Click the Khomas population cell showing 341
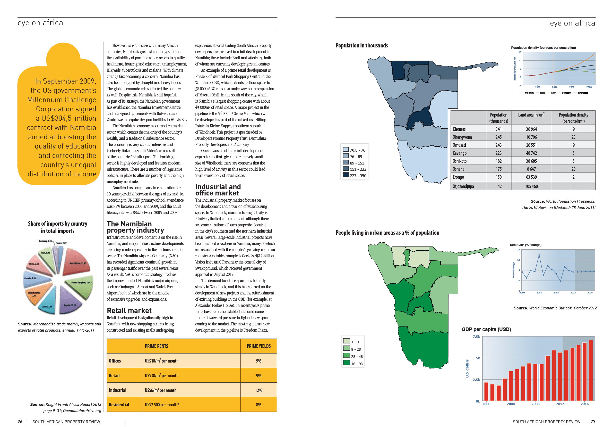coord(498,129)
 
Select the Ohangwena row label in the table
coord(462,137)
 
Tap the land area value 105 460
coord(531,186)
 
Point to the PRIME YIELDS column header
coord(258,346)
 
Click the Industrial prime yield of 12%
coord(258,390)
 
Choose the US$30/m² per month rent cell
coord(161,376)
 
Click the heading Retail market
coord(129,311)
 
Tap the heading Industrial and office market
coord(218,190)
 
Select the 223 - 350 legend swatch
coord(346,175)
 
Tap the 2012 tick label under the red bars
coord(560,404)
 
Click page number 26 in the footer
coord(20,422)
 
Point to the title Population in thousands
coord(361,45)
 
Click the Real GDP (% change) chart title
coord(525,245)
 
